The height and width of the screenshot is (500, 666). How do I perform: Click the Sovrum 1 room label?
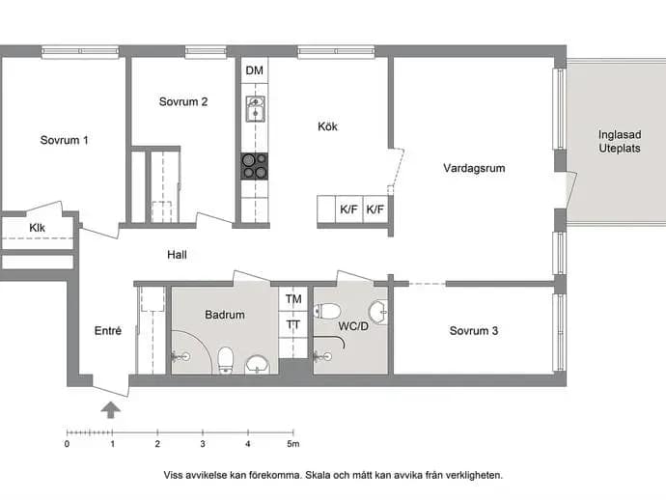pyautogui.click(x=64, y=140)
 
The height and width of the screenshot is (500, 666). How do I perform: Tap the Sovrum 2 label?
pyautogui.click(x=183, y=102)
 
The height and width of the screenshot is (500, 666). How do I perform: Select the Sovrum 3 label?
pyautogui.click(x=474, y=331)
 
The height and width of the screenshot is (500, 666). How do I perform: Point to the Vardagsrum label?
pyautogui.click(x=474, y=168)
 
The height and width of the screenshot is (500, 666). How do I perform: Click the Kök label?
pyautogui.click(x=327, y=126)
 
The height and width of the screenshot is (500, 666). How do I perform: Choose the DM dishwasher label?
pyautogui.click(x=255, y=70)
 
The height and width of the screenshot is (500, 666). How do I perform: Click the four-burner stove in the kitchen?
pyautogui.click(x=255, y=166)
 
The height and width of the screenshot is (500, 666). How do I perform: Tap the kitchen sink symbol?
pyautogui.click(x=255, y=109)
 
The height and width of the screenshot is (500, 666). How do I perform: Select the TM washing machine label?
pyautogui.click(x=293, y=299)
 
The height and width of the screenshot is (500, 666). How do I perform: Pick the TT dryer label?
pyautogui.click(x=293, y=325)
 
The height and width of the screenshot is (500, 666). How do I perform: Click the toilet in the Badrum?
pyautogui.click(x=226, y=361)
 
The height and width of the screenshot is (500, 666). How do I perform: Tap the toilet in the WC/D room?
pyautogui.click(x=326, y=311)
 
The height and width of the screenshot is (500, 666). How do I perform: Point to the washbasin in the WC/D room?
pyautogui.click(x=378, y=312)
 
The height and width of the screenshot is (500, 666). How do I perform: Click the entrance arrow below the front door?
pyautogui.click(x=111, y=410)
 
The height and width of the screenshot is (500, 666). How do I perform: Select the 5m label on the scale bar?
pyautogui.click(x=293, y=444)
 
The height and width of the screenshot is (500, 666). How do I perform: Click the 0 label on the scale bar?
pyautogui.click(x=68, y=444)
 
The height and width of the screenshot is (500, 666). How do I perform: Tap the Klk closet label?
pyautogui.click(x=37, y=228)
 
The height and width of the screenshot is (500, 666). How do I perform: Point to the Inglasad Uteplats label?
pyautogui.click(x=620, y=142)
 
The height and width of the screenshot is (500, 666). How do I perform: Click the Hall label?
pyautogui.click(x=177, y=255)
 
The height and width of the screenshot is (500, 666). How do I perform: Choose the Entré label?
pyautogui.click(x=108, y=331)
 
